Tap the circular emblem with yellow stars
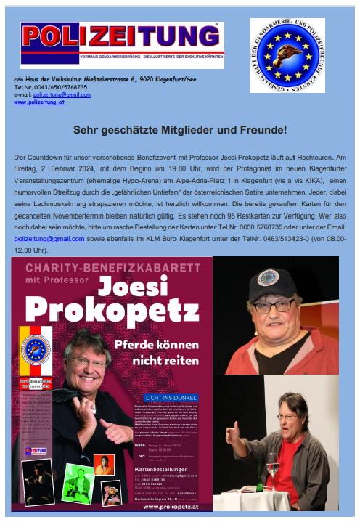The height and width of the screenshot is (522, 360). point(287,55)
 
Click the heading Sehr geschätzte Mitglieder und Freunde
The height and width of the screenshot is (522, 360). point(179,131)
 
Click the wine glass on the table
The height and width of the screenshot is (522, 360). point(272,463)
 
